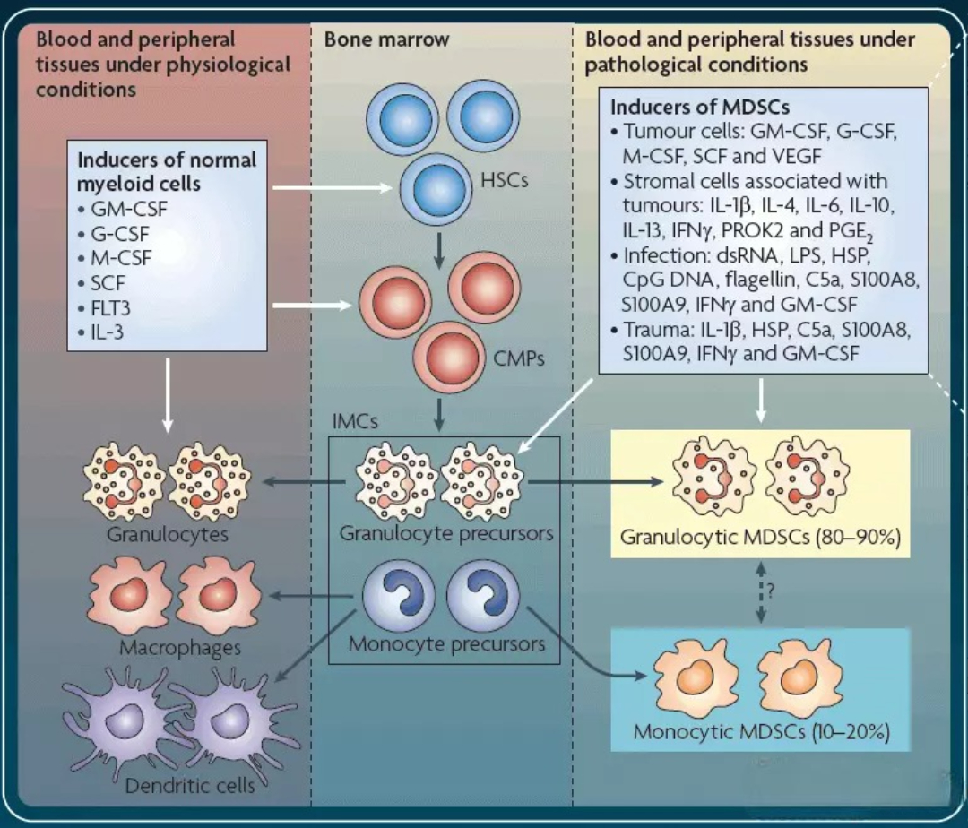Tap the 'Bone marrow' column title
point(386,39)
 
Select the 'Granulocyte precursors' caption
point(445,533)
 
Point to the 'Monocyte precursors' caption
point(445,643)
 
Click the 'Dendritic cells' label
point(190,786)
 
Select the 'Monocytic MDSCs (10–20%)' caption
point(760,731)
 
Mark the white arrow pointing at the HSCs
point(332,188)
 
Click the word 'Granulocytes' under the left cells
point(169,535)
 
